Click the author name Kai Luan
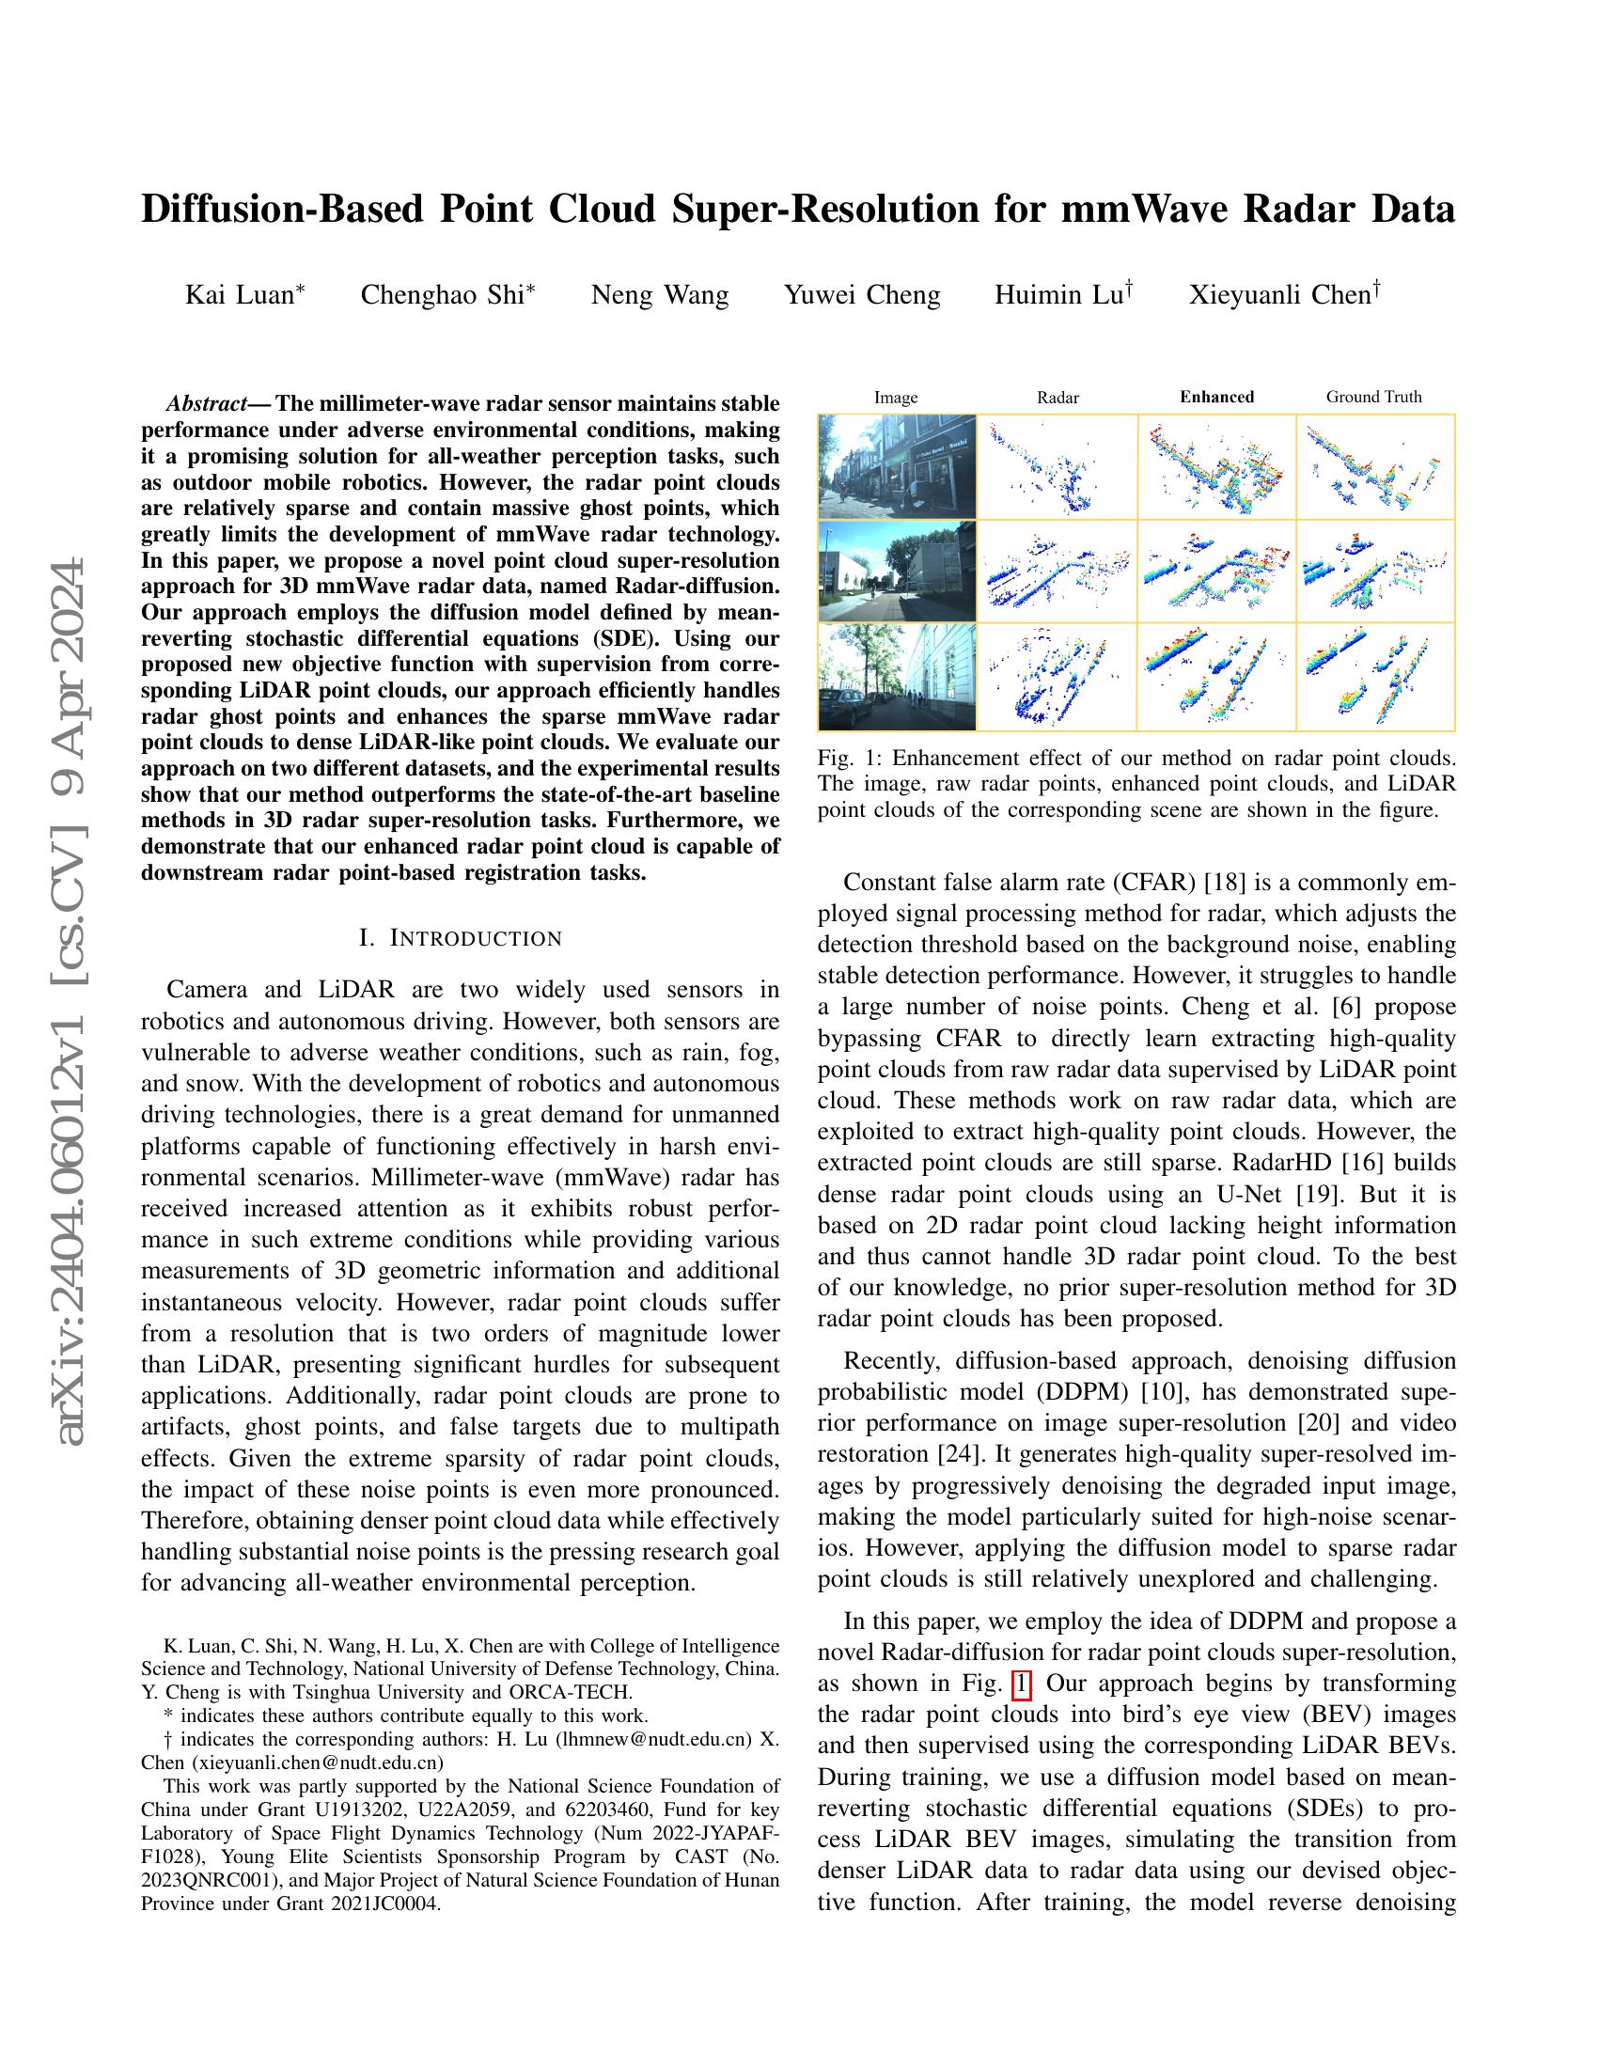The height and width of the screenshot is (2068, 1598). coord(240,295)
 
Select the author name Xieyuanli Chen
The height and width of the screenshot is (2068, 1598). coord(1279,295)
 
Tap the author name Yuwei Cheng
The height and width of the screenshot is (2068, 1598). coord(861,295)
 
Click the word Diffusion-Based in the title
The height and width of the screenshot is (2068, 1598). coord(282,210)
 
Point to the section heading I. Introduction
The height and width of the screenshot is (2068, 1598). coord(460,938)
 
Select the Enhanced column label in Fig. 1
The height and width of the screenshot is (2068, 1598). coord(1216,397)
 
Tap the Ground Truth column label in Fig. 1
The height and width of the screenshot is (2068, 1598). coord(1373,397)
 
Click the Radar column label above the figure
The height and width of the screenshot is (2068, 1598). coord(1057,398)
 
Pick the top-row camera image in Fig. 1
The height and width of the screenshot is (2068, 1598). coord(897,466)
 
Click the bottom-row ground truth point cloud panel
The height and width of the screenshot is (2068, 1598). coord(1374,676)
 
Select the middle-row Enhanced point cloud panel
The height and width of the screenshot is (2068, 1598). coord(1216,571)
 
